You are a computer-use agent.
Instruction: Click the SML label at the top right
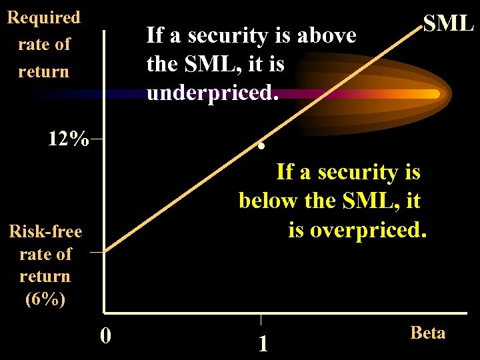pos(448,23)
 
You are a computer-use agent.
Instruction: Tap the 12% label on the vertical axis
pos(68,139)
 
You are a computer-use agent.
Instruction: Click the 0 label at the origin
pos(105,334)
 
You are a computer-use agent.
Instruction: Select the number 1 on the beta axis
pos(263,343)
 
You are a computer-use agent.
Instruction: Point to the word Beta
pos(427,333)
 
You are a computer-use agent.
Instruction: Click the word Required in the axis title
pos(43,17)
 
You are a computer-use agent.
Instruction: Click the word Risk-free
pos(45,231)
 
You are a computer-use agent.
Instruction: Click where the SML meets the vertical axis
pos(105,252)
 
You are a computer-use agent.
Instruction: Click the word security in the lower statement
pos(361,172)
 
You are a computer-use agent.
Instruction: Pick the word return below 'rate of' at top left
pos(43,71)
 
